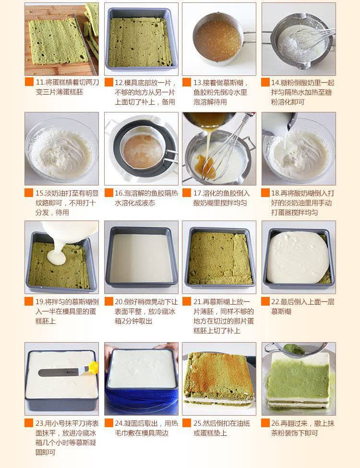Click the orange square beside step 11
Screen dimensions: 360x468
(29, 82)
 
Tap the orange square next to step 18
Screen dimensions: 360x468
(265, 193)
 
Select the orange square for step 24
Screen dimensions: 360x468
(109, 423)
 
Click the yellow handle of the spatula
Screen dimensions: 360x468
(93, 368)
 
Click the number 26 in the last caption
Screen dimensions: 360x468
(275, 423)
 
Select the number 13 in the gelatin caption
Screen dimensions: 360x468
(197, 83)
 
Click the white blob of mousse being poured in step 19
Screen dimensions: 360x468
(57, 257)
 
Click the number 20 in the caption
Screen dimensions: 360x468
(119, 302)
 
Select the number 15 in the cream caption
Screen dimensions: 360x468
(39, 193)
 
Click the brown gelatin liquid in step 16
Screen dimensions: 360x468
(143, 151)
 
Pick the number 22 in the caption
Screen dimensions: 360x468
(275, 302)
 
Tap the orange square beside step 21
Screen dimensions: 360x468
(186, 301)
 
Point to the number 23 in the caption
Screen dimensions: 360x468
(39, 423)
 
